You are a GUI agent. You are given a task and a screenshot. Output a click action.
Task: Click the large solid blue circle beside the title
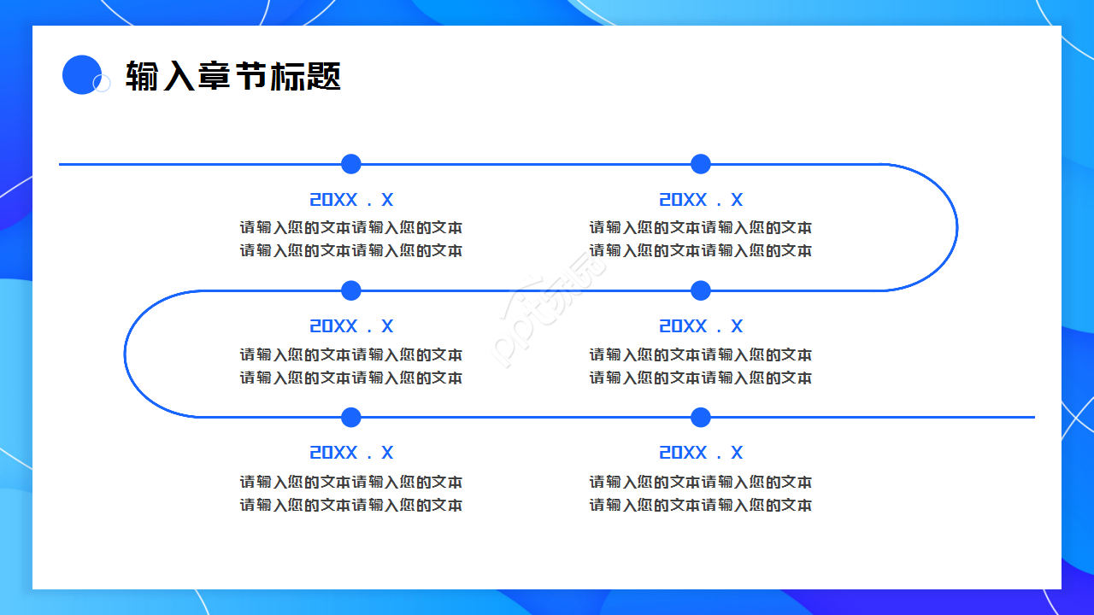click(81, 74)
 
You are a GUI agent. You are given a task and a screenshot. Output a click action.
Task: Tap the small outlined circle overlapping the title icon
click(102, 83)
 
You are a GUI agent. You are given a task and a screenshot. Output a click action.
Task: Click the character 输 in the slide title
click(142, 76)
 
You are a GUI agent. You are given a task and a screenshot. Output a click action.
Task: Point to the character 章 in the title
click(214, 76)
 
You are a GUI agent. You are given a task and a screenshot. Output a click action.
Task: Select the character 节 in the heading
click(250, 76)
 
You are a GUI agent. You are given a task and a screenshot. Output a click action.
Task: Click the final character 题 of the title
click(324, 76)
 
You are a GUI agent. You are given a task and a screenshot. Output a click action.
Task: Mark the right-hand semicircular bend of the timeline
click(956, 227)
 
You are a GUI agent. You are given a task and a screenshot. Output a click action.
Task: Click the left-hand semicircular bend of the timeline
click(126, 354)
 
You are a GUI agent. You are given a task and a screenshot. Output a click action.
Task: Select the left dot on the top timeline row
click(351, 164)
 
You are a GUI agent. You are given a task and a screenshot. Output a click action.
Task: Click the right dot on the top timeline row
click(701, 164)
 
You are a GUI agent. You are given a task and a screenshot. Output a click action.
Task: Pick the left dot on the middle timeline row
click(351, 290)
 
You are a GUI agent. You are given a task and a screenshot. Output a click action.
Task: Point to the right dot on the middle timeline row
click(701, 290)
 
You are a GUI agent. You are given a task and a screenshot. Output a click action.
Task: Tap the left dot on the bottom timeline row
click(351, 418)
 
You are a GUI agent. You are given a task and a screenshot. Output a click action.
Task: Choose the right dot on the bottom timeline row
click(701, 418)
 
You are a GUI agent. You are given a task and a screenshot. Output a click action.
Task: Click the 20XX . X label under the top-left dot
click(351, 200)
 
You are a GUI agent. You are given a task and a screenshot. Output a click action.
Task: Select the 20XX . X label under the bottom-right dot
click(701, 453)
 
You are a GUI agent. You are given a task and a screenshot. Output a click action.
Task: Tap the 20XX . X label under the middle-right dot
click(701, 326)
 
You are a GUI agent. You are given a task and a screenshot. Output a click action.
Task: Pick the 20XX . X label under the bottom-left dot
click(351, 453)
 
